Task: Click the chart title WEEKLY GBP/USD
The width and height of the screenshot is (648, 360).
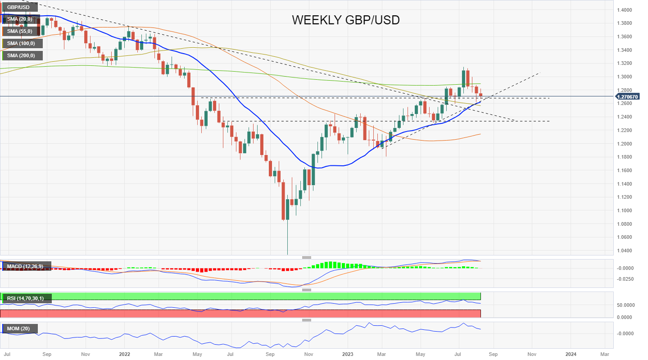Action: click(345, 20)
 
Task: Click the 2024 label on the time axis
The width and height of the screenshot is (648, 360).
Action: click(571, 354)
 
